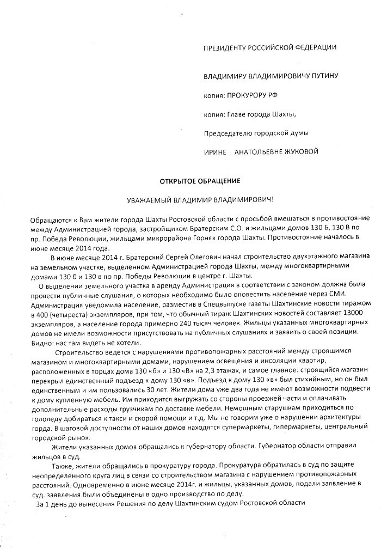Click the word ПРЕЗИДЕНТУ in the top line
224,47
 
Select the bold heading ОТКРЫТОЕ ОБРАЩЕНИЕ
191,180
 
